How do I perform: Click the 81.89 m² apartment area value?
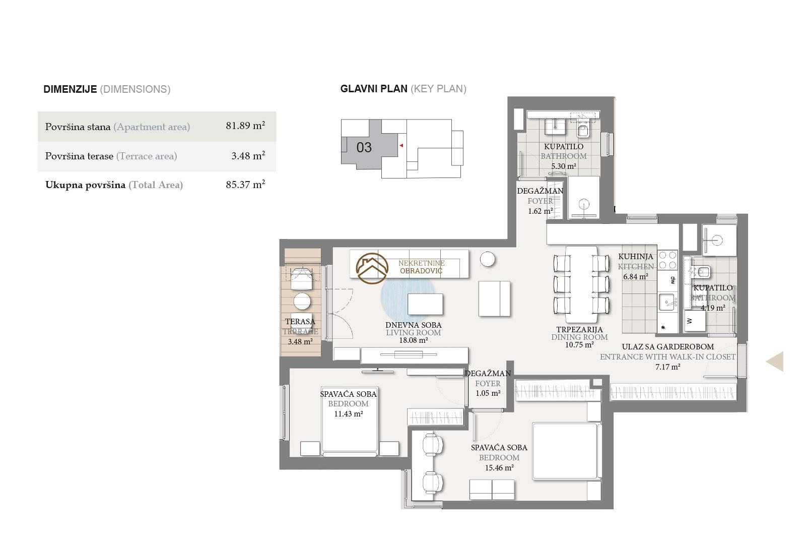click(x=245, y=126)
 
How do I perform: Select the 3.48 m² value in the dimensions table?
click(x=248, y=156)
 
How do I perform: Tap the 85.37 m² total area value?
click(x=245, y=185)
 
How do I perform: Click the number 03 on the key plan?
click(x=364, y=147)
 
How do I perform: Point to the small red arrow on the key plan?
click(x=401, y=146)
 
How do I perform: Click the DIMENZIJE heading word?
click(x=70, y=89)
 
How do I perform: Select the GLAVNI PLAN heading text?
click(x=374, y=89)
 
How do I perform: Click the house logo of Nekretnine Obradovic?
click(x=372, y=268)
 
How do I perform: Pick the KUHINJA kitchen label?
click(x=635, y=257)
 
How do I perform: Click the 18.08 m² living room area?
click(x=414, y=340)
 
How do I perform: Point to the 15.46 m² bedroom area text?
click(x=499, y=468)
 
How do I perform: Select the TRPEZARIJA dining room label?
click(x=579, y=329)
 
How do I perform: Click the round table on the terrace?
click(x=302, y=301)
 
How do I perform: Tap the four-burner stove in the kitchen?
click(x=667, y=260)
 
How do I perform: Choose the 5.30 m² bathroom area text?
click(x=564, y=166)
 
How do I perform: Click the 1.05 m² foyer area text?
click(x=488, y=393)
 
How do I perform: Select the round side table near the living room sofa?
click(x=488, y=259)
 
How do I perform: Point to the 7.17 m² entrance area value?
click(x=667, y=367)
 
